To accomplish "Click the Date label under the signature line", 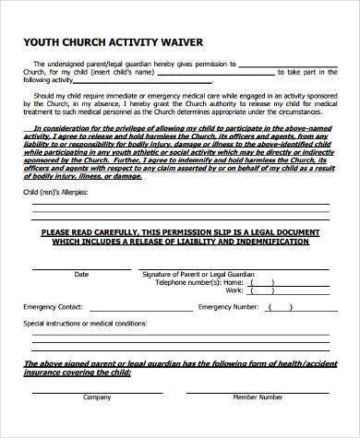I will tap(81, 274).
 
